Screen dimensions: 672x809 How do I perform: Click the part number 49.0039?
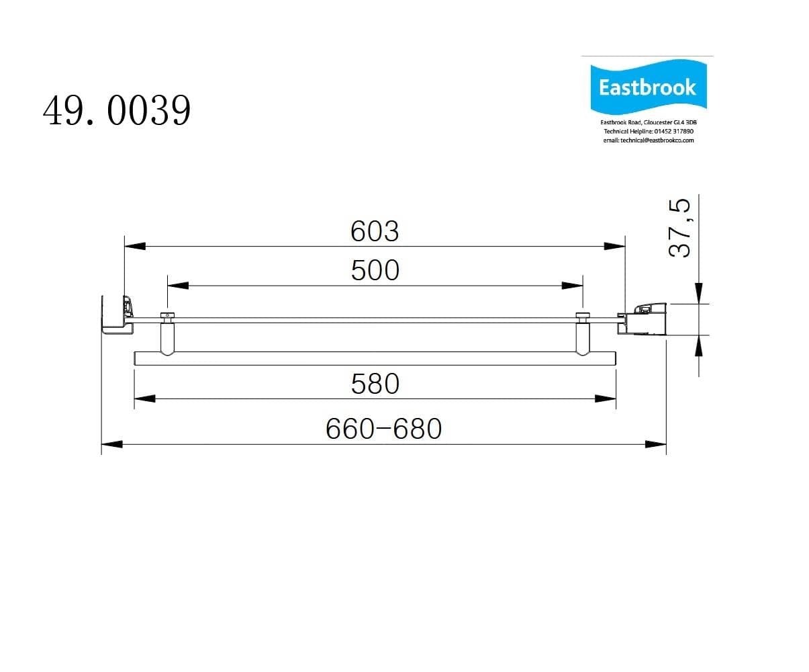coord(117,110)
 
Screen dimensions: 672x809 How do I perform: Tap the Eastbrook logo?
coord(647,87)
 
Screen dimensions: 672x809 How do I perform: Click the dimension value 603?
coord(375,231)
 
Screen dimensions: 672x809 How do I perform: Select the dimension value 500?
coord(375,270)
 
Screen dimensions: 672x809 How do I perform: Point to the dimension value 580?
coord(375,384)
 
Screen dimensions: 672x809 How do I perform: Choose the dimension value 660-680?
coord(383,429)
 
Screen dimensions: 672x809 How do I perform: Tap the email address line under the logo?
coord(648,140)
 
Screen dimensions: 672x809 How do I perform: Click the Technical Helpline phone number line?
coord(648,131)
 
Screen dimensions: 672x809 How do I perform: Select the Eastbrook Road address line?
coord(648,122)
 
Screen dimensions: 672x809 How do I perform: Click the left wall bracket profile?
coord(115,314)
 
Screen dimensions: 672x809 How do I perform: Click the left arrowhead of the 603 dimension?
coord(135,246)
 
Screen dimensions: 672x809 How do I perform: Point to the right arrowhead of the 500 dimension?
coord(573,286)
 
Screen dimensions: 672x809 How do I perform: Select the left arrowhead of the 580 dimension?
coord(145,398)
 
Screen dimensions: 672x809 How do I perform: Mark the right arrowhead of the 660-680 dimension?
coord(656,444)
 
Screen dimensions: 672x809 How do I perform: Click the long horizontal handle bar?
coord(375,358)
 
